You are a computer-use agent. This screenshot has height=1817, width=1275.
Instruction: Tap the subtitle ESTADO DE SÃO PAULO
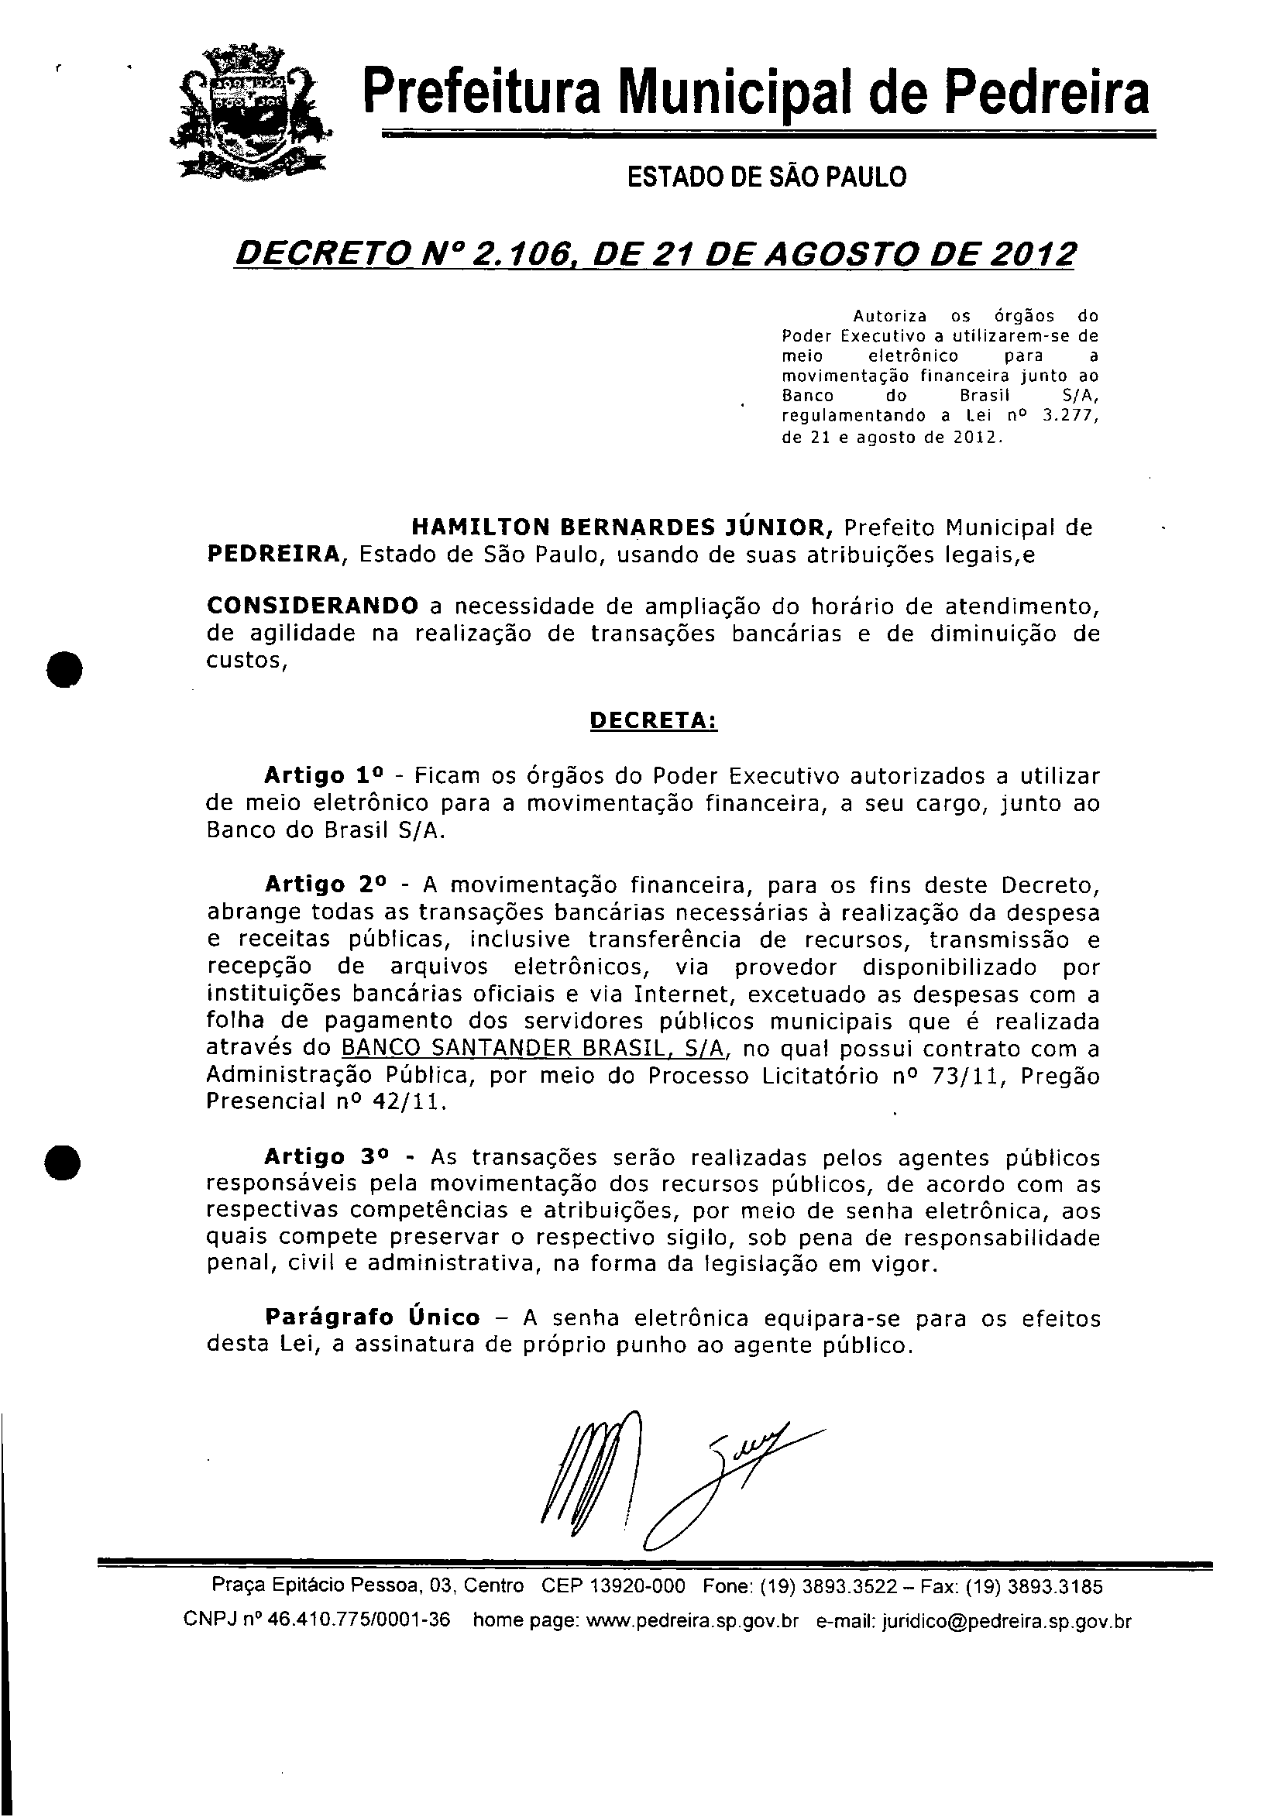[766, 177]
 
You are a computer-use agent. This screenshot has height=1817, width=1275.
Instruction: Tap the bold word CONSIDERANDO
[313, 606]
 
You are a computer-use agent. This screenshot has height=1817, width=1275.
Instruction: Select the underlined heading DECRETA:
[654, 722]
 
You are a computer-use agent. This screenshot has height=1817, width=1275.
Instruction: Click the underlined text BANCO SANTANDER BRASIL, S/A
[533, 1049]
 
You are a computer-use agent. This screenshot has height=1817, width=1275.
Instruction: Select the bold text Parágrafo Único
[372, 1317]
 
